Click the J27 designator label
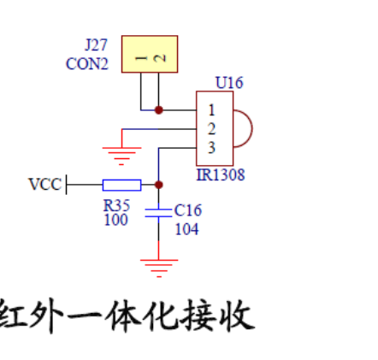pos(96,45)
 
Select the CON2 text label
pos(87,63)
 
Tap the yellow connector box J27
pos(150,54)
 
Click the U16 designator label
pos(229,83)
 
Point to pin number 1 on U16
pos(210,110)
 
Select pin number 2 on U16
pos(210,129)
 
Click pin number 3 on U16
pos(210,148)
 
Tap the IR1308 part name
pos(221,175)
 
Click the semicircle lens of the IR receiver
pos(244,129)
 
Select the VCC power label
pos(44,184)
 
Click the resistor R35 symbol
pos(121,184)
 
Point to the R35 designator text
pos(116,205)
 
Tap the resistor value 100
pos(115,221)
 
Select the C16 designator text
pos(187,210)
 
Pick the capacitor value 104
pos(187,228)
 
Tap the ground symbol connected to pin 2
pos(122,155)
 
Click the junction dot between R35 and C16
pos(158,184)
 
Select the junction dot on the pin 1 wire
pos(158,109)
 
